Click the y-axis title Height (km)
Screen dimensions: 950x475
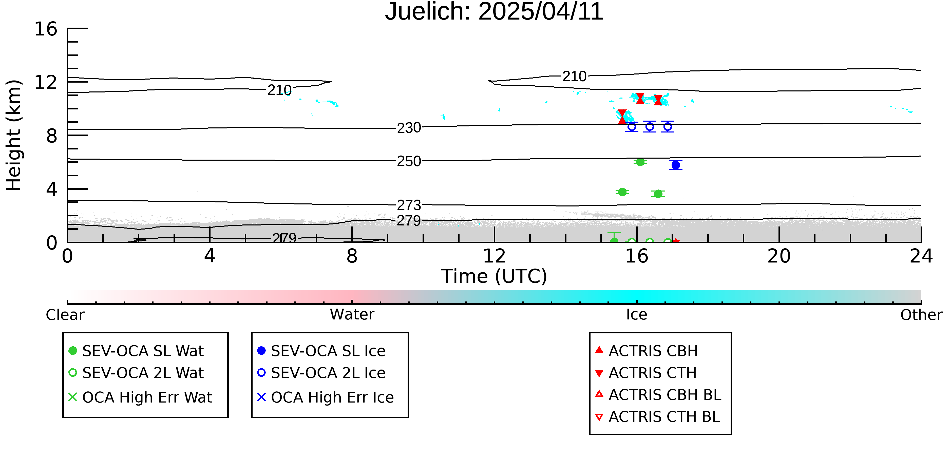[x=14, y=135]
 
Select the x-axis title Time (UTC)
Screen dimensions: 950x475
[x=494, y=276]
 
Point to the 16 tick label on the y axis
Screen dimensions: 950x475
[x=46, y=29]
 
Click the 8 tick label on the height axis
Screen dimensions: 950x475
[x=52, y=136]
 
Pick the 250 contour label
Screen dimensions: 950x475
[x=409, y=161]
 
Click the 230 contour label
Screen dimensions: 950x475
[x=409, y=128]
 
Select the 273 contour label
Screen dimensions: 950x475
[x=409, y=205]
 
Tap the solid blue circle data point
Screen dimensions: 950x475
[x=676, y=165]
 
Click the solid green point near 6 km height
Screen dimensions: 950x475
[x=640, y=162]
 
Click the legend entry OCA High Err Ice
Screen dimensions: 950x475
[x=325, y=397]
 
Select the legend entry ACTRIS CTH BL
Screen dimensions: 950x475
[x=658, y=417]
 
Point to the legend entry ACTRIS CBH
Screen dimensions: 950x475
[x=647, y=351]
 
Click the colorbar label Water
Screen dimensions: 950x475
[x=352, y=315]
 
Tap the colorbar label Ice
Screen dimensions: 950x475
[x=637, y=315]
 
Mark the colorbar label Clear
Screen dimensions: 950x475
[x=65, y=315]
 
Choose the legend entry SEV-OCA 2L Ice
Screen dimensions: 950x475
[x=321, y=373]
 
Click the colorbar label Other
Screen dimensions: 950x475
[x=921, y=315]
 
